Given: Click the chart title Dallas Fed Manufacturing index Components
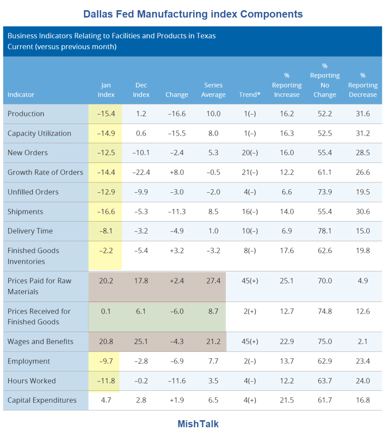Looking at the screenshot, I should tap(193, 14).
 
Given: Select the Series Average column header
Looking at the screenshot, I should tap(213, 90).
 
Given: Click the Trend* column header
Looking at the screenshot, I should tap(250, 95).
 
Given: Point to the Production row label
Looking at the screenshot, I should tap(26, 114).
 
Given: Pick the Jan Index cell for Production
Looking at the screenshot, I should tap(106, 114).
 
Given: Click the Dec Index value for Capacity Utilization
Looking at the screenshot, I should tap(141, 133).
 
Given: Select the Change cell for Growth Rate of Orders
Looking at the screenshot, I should tap(176, 173).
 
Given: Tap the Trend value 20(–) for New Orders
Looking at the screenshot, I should tap(250, 153).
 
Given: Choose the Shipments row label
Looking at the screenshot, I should tap(25, 212).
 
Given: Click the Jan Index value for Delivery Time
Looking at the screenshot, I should tap(106, 231).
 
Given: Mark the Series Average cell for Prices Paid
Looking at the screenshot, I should tap(213, 281).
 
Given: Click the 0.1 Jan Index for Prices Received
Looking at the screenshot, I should tap(106, 311).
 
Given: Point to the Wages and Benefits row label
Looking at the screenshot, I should tap(40, 341).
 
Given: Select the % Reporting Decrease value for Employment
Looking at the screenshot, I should tap(363, 361).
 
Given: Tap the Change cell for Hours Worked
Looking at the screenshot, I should tap(176, 381).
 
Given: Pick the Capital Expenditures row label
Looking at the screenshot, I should tap(42, 400).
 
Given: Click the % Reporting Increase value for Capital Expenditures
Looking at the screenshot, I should tap(287, 400).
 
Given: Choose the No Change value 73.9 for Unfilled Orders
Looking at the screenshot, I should tap(325, 192).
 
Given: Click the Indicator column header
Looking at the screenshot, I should tap(21, 95).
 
